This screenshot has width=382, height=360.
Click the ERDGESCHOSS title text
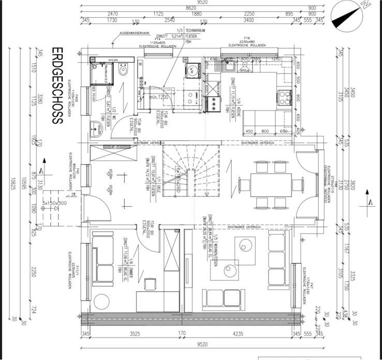pos(57,85)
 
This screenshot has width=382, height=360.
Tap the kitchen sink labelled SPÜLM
pos(227,65)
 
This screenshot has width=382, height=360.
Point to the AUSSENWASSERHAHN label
pos(136,33)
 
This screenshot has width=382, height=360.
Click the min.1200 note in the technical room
pos(160,97)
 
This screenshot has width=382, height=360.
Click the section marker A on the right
pos(371,201)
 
